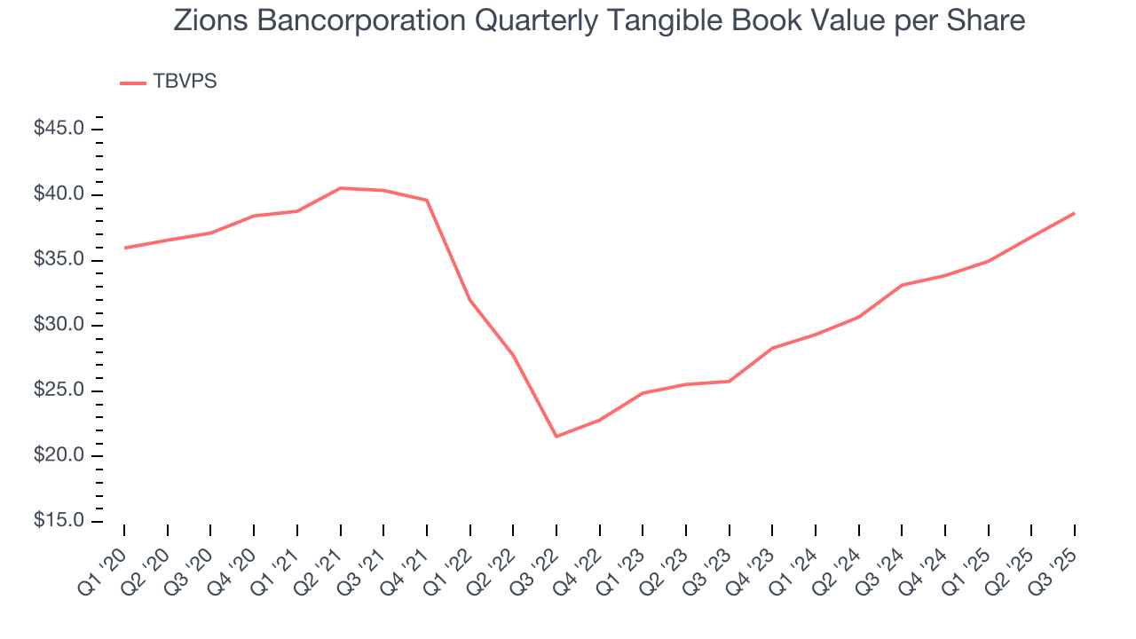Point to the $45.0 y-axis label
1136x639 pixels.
59,130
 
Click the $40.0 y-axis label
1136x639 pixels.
59,195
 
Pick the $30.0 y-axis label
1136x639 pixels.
59,326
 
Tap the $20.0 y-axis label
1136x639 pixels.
59,456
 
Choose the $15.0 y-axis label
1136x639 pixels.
59,522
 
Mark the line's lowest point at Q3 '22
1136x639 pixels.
556,437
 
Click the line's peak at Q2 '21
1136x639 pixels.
340,188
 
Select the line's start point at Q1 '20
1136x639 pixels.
124,248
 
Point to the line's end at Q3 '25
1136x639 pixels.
1075,213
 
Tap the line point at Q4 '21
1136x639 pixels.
427,200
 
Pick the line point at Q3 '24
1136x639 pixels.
902,285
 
